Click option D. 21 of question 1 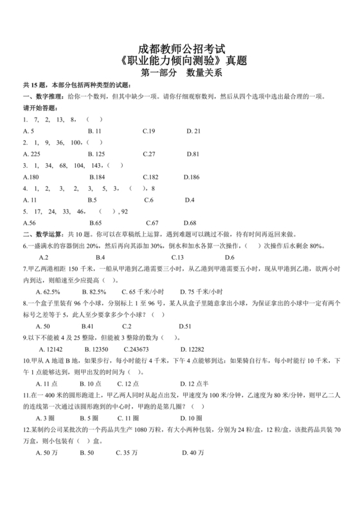point(194,131)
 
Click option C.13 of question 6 point(149,257)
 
